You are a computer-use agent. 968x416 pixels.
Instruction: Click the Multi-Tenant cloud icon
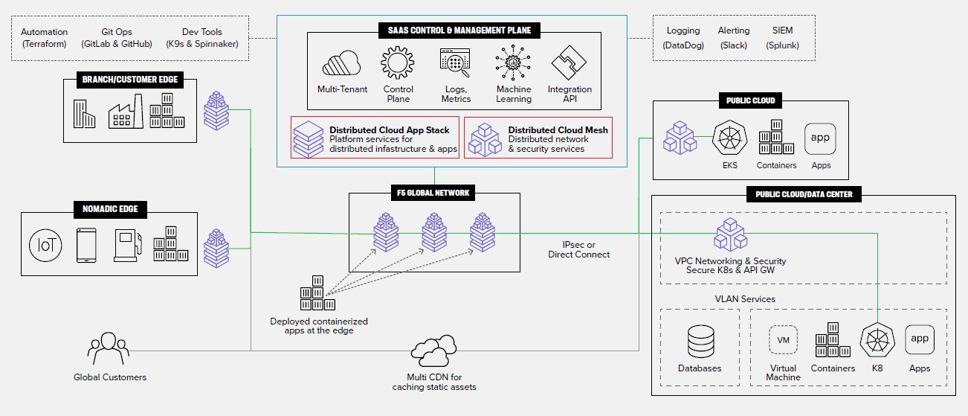tap(341, 64)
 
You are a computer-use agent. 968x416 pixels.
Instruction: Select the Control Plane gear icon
tap(398, 64)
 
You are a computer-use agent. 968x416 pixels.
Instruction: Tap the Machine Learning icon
tap(514, 64)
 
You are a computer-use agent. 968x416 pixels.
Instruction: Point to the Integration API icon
tap(569, 64)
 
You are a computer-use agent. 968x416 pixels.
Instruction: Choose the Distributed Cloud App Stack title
tap(390, 129)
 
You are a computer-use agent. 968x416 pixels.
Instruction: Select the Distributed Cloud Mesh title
tap(558, 129)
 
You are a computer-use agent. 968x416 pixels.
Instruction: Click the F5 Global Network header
tap(433, 193)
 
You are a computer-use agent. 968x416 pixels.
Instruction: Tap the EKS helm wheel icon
tap(729, 139)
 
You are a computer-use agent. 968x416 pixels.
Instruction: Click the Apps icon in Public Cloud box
tap(820, 138)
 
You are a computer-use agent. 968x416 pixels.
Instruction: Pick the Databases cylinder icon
tap(700, 342)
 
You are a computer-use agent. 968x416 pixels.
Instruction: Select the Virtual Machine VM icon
tap(783, 340)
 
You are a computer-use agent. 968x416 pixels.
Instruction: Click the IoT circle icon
tap(45, 245)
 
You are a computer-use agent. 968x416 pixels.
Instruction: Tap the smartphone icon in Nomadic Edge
tap(85, 245)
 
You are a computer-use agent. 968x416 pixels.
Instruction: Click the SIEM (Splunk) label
tap(782, 37)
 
